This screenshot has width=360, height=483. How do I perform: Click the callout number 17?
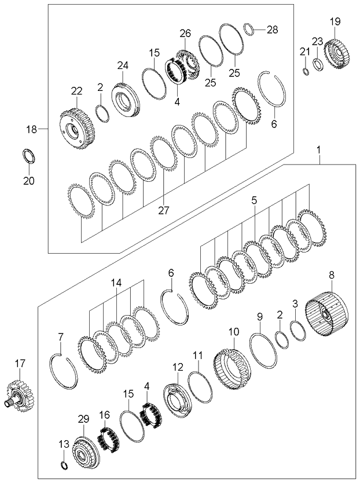[x=20, y=363]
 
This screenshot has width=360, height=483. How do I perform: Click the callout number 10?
[x=233, y=332]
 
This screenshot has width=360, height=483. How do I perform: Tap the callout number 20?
[x=28, y=181]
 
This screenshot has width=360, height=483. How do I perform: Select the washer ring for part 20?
[x=27, y=156]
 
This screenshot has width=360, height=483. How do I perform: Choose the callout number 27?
[x=164, y=210]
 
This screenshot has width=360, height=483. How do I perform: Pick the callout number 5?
[x=254, y=201]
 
